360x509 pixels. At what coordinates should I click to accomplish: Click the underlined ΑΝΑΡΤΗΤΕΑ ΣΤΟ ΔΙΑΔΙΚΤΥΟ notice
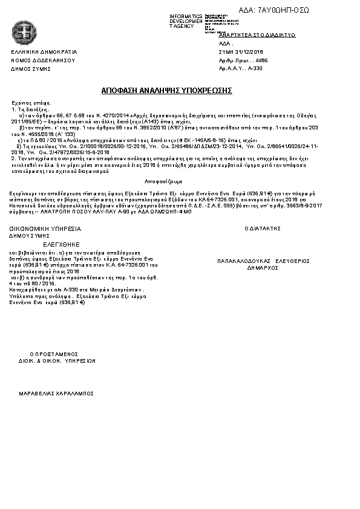pyautogui.click(x=257, y=36)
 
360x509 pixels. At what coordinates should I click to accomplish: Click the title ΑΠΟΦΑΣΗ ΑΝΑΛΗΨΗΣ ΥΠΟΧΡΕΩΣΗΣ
pyautogui.click(x=167, y=90)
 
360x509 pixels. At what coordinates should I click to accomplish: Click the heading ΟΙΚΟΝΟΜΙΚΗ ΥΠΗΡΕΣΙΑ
pyautogui.click(x=45, y=229)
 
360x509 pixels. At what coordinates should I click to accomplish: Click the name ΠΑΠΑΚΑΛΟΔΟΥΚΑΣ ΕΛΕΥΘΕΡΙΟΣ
pyautogui.click(x=263, y=261)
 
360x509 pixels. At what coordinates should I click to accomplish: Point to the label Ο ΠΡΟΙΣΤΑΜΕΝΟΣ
pyautogui.click(x=54, y=354)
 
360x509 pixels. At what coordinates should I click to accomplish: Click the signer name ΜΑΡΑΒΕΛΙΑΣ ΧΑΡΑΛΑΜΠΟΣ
pyautogui.click(x=56, y=393)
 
